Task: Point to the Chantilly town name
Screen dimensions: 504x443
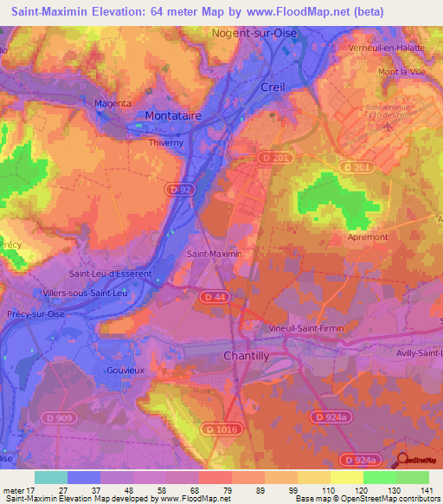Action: pyautogui.click(x=247, y=356)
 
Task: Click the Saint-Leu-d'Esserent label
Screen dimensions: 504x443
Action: pyautogui.click(x=110, y=274)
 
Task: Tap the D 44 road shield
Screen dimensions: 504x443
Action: pyautogui.click(x=215, y=297)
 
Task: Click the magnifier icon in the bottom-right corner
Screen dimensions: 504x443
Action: pyautogui.click(x=401, y=461)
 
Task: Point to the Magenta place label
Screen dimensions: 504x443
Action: pyautogui.click(x=112, y=103)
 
